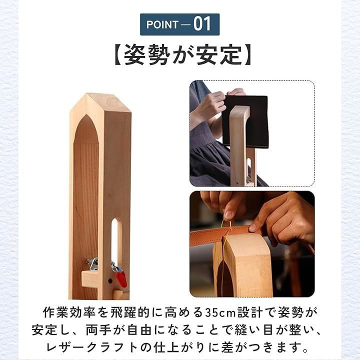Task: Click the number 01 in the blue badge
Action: pos(202,24)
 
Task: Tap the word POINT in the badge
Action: pos(162,24)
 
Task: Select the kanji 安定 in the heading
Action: pos(219,55)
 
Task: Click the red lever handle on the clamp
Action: pos(121,278)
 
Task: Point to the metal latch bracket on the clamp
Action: pos(93,264)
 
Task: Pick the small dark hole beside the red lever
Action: pos(110,281)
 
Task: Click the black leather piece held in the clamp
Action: pos(245,121)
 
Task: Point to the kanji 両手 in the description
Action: pos(99,330)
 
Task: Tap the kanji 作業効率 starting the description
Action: pos(69,312)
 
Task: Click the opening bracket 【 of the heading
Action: pos(118,55)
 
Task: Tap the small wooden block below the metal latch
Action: pos(89,278)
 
